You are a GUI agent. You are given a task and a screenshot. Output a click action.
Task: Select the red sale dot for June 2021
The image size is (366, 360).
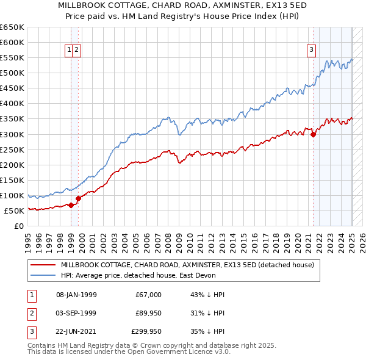(313, 134)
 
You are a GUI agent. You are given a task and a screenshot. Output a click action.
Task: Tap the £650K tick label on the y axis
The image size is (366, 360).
(12, 27)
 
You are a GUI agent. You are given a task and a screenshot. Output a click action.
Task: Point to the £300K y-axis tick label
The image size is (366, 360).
(12, 134)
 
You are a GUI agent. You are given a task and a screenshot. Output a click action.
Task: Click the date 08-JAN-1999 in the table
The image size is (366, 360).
(76, 295)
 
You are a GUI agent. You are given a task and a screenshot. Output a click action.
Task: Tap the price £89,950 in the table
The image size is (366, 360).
(149, 313)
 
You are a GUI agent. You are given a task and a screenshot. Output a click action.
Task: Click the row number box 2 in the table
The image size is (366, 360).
(31, 313)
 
